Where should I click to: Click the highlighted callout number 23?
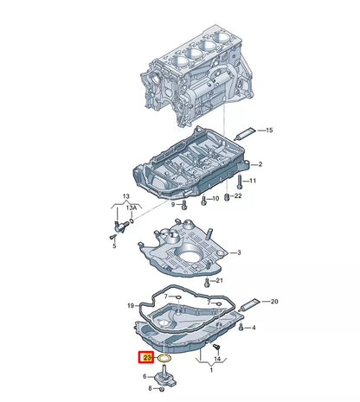[147, 358]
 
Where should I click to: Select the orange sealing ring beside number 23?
[164, 358]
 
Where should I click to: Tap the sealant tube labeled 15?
[245, 133]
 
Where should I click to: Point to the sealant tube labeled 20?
[249, 305]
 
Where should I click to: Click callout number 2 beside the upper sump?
[260, 164]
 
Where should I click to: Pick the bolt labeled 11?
[239, 182]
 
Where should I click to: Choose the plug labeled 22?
[227, 197]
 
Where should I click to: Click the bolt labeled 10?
[204, 201]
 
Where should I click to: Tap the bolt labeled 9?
[184, 204]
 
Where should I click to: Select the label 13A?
[132, 207]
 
